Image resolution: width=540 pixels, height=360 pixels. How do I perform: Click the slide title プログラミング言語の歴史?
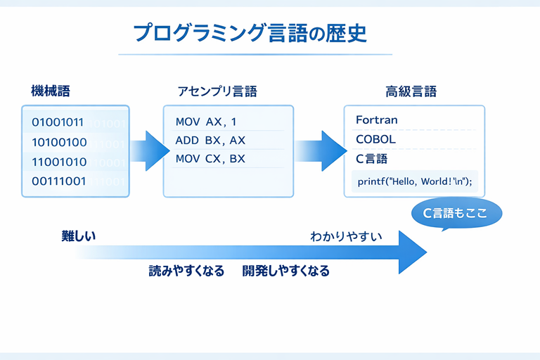pos(250,32)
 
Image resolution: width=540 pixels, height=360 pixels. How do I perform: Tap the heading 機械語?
pos(51,91)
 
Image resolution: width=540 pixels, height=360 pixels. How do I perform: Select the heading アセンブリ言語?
pos(217,91)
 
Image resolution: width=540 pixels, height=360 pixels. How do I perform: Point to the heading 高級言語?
pos(411,91)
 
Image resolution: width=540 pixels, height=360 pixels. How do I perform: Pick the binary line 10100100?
pos(59,142)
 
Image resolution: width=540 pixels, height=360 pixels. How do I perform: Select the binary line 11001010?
pos(59,162)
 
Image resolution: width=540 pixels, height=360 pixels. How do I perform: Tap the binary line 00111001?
pos(59,181)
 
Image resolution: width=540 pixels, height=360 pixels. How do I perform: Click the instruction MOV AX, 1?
pos(206,122)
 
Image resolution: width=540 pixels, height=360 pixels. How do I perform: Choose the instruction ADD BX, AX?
pos(210,140)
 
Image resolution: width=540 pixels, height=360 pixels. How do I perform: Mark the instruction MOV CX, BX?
pos(210,158)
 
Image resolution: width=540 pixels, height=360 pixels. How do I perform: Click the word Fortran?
pos(377,120)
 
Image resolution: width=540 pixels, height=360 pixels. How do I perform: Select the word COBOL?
pos(375,139)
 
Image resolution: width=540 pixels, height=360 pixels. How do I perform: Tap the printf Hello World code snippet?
pos(414,181)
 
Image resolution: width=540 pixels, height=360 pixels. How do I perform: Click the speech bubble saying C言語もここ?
pos(456,213)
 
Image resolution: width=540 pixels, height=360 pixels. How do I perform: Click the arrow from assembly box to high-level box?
pos(321,150)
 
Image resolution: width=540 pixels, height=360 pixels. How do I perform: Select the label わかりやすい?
pos(346,236)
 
